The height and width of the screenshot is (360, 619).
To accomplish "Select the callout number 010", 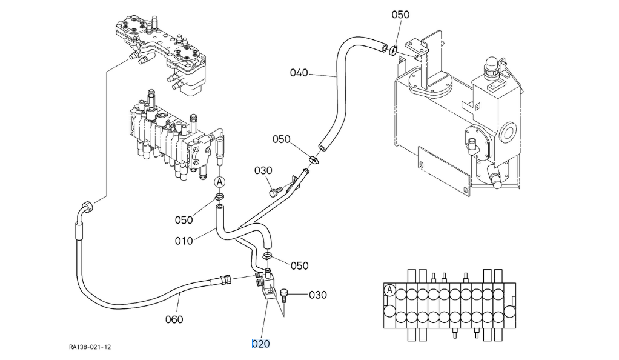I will pos(184,241).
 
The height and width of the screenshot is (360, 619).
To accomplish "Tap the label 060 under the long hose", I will pos(174,319).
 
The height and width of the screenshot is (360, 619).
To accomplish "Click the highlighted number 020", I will pos(260,344).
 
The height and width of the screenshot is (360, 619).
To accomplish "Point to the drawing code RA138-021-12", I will pos(90,347).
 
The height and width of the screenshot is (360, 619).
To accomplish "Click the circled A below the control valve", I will pos(219,181).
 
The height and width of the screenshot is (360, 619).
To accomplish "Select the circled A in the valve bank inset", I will pos(390,290).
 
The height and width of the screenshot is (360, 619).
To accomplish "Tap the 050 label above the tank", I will pos(400,15).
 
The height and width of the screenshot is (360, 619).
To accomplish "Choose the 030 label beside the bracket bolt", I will pos(318,295).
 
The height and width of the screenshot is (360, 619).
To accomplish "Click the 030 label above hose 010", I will pos(263,171).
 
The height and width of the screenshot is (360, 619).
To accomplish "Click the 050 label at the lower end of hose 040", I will pos(281,139).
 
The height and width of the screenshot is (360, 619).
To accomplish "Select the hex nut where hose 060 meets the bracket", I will pos(225,279).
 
